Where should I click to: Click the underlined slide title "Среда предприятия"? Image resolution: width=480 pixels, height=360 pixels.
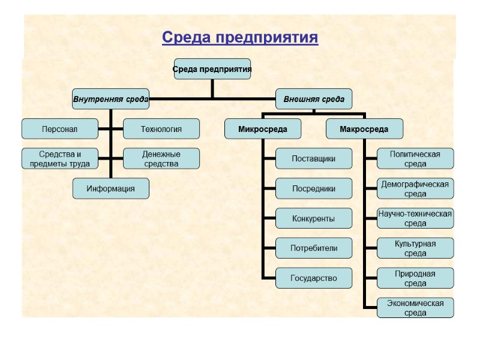240,38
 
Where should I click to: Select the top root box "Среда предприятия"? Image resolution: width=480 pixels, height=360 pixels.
212,69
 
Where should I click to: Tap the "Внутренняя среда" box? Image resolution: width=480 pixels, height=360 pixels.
111,99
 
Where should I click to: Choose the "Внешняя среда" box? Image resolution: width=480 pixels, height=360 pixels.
314,99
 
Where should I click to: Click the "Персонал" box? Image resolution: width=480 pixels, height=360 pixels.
59,129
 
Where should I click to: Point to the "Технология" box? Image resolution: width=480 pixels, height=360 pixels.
161,129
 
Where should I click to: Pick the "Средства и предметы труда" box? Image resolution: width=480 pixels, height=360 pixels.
59,159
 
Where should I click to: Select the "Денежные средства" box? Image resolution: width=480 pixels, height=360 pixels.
161,159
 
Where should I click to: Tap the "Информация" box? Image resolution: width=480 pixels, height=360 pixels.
110,188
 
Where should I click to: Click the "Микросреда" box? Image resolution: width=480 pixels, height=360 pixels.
263,129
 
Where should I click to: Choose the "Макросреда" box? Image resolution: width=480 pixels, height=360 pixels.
364,129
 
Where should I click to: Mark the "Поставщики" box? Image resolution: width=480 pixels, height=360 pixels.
313,159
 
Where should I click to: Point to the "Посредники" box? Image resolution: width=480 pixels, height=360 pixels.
313,188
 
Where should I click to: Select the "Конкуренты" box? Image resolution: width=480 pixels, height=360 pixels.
313,218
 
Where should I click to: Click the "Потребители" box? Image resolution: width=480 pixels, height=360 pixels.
313,248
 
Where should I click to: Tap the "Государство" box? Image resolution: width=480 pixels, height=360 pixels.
313,278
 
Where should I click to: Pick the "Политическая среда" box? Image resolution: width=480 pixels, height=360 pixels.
415,159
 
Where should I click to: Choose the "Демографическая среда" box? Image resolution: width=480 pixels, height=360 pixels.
415,189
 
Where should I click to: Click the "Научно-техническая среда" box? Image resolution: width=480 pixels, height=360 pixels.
415,218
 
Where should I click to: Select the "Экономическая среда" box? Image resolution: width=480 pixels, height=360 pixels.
415,308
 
